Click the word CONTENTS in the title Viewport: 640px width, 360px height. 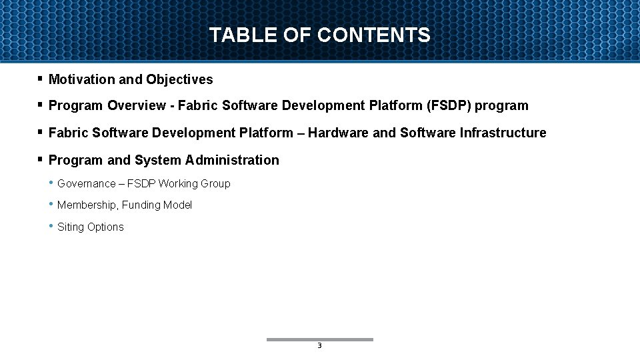point(374,35)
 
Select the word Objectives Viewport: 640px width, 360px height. point(180,79)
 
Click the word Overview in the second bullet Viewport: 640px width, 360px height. point(137,105)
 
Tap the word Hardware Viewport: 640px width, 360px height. point(339,133)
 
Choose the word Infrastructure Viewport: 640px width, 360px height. point(503,133)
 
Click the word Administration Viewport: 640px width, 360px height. point(233,160)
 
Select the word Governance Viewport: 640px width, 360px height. point(87,183)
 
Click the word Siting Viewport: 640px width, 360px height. point(71,227)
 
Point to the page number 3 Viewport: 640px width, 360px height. point(319,346)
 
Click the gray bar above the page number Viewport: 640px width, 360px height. point(320,339)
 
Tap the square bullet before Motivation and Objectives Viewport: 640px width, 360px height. point(40,79)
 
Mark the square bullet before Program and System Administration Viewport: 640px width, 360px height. point(40,159)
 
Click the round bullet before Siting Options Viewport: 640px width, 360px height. point(51,226)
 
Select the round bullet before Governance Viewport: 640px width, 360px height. point(51,183)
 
